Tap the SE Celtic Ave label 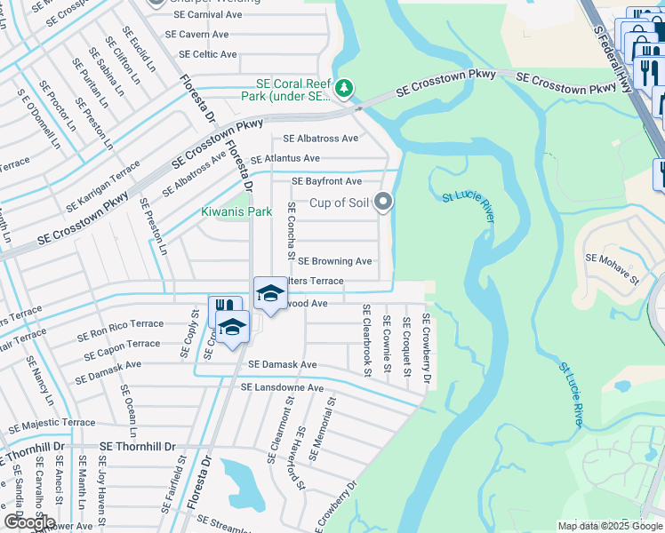[204, 54]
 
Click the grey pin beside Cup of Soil [383, 203]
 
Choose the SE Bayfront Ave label [327, 181]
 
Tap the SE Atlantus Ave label [284, 158]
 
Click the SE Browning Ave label [334, 261]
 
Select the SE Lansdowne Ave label [282, 388]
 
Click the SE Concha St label [291, 230]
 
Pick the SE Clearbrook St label [365, 339]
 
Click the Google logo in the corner [28, 522]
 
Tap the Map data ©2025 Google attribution [609, 526]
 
